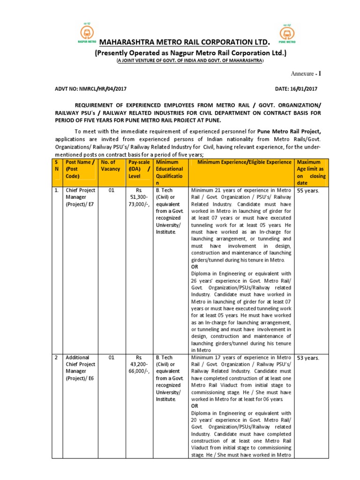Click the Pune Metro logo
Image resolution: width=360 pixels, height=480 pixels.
287,34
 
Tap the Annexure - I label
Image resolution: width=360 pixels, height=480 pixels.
304,74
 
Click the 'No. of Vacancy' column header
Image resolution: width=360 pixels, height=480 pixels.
111,165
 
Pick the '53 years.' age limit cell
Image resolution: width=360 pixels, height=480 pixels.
308,358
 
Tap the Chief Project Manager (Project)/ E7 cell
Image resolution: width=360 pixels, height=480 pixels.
80,197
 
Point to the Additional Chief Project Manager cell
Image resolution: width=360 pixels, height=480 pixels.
80,367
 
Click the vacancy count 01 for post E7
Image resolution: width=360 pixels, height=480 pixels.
111,190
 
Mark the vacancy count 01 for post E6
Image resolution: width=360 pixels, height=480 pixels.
111,358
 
